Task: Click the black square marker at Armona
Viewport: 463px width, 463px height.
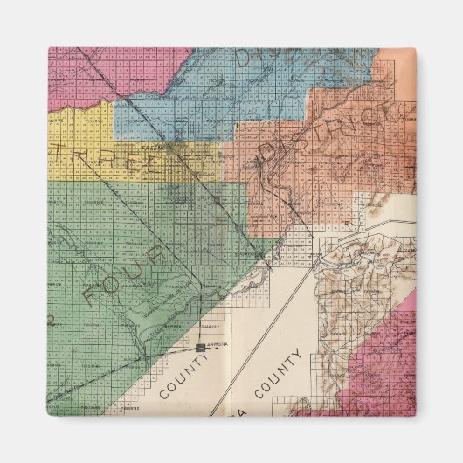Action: tap(202, 348)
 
